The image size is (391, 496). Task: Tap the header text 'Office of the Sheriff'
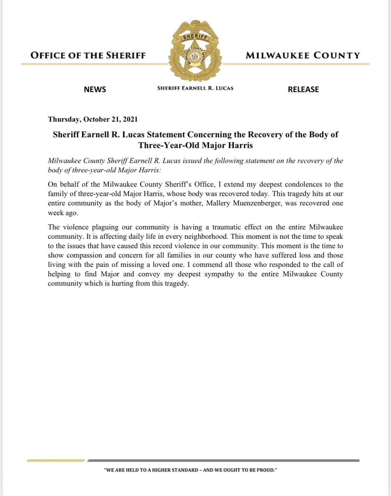click(x=88, y=55)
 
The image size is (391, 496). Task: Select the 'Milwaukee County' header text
click(x=303, y=55)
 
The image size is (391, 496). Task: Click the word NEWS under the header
click(x=95, y=89)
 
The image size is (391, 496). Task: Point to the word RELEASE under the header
click(x=303, y=89)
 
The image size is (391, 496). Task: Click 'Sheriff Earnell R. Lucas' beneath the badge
click(x=195, y=88)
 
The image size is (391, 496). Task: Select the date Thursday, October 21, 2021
click(x=93, y=119)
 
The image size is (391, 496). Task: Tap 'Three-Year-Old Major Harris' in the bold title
click(x=195, y=145)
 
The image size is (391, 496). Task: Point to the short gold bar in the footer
click(x=56, y=461)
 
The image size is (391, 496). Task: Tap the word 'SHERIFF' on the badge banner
click(x=195, y=36)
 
